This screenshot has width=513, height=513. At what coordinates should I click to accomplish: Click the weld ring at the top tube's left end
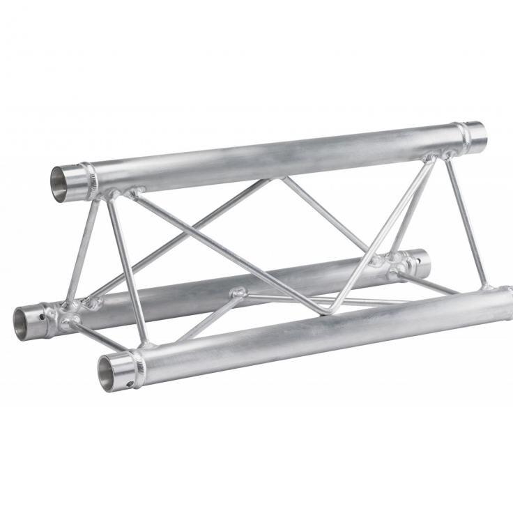[x=88, y=179]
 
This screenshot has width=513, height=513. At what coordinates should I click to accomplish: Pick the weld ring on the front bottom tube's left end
[x=139, y=367]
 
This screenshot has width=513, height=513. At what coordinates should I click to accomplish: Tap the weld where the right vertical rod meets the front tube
[x=487, y=286]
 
